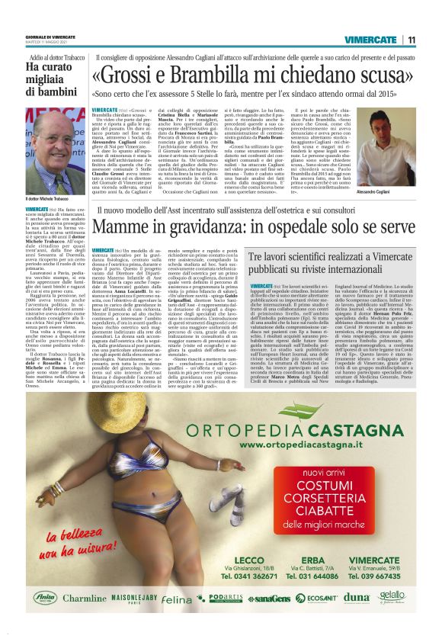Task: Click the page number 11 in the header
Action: (411, 40)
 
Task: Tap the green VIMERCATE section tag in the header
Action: (370, 40)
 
